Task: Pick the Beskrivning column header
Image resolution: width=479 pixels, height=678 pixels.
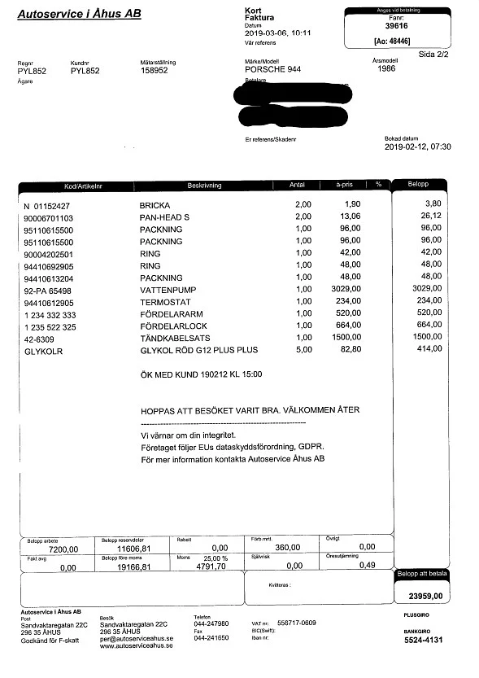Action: [x=204, y=186]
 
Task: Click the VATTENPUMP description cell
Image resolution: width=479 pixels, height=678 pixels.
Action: [x=168, y=289]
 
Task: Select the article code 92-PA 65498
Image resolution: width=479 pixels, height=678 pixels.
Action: [x=48, y=289]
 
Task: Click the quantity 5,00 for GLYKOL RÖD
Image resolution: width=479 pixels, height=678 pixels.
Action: [x=303, y=349]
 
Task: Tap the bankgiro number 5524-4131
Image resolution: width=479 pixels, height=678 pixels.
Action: [x=423, y=641]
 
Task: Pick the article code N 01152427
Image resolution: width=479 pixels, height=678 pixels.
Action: [x=46, y=205]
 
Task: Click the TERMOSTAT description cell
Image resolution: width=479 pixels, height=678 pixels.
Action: [x=164, y=301]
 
